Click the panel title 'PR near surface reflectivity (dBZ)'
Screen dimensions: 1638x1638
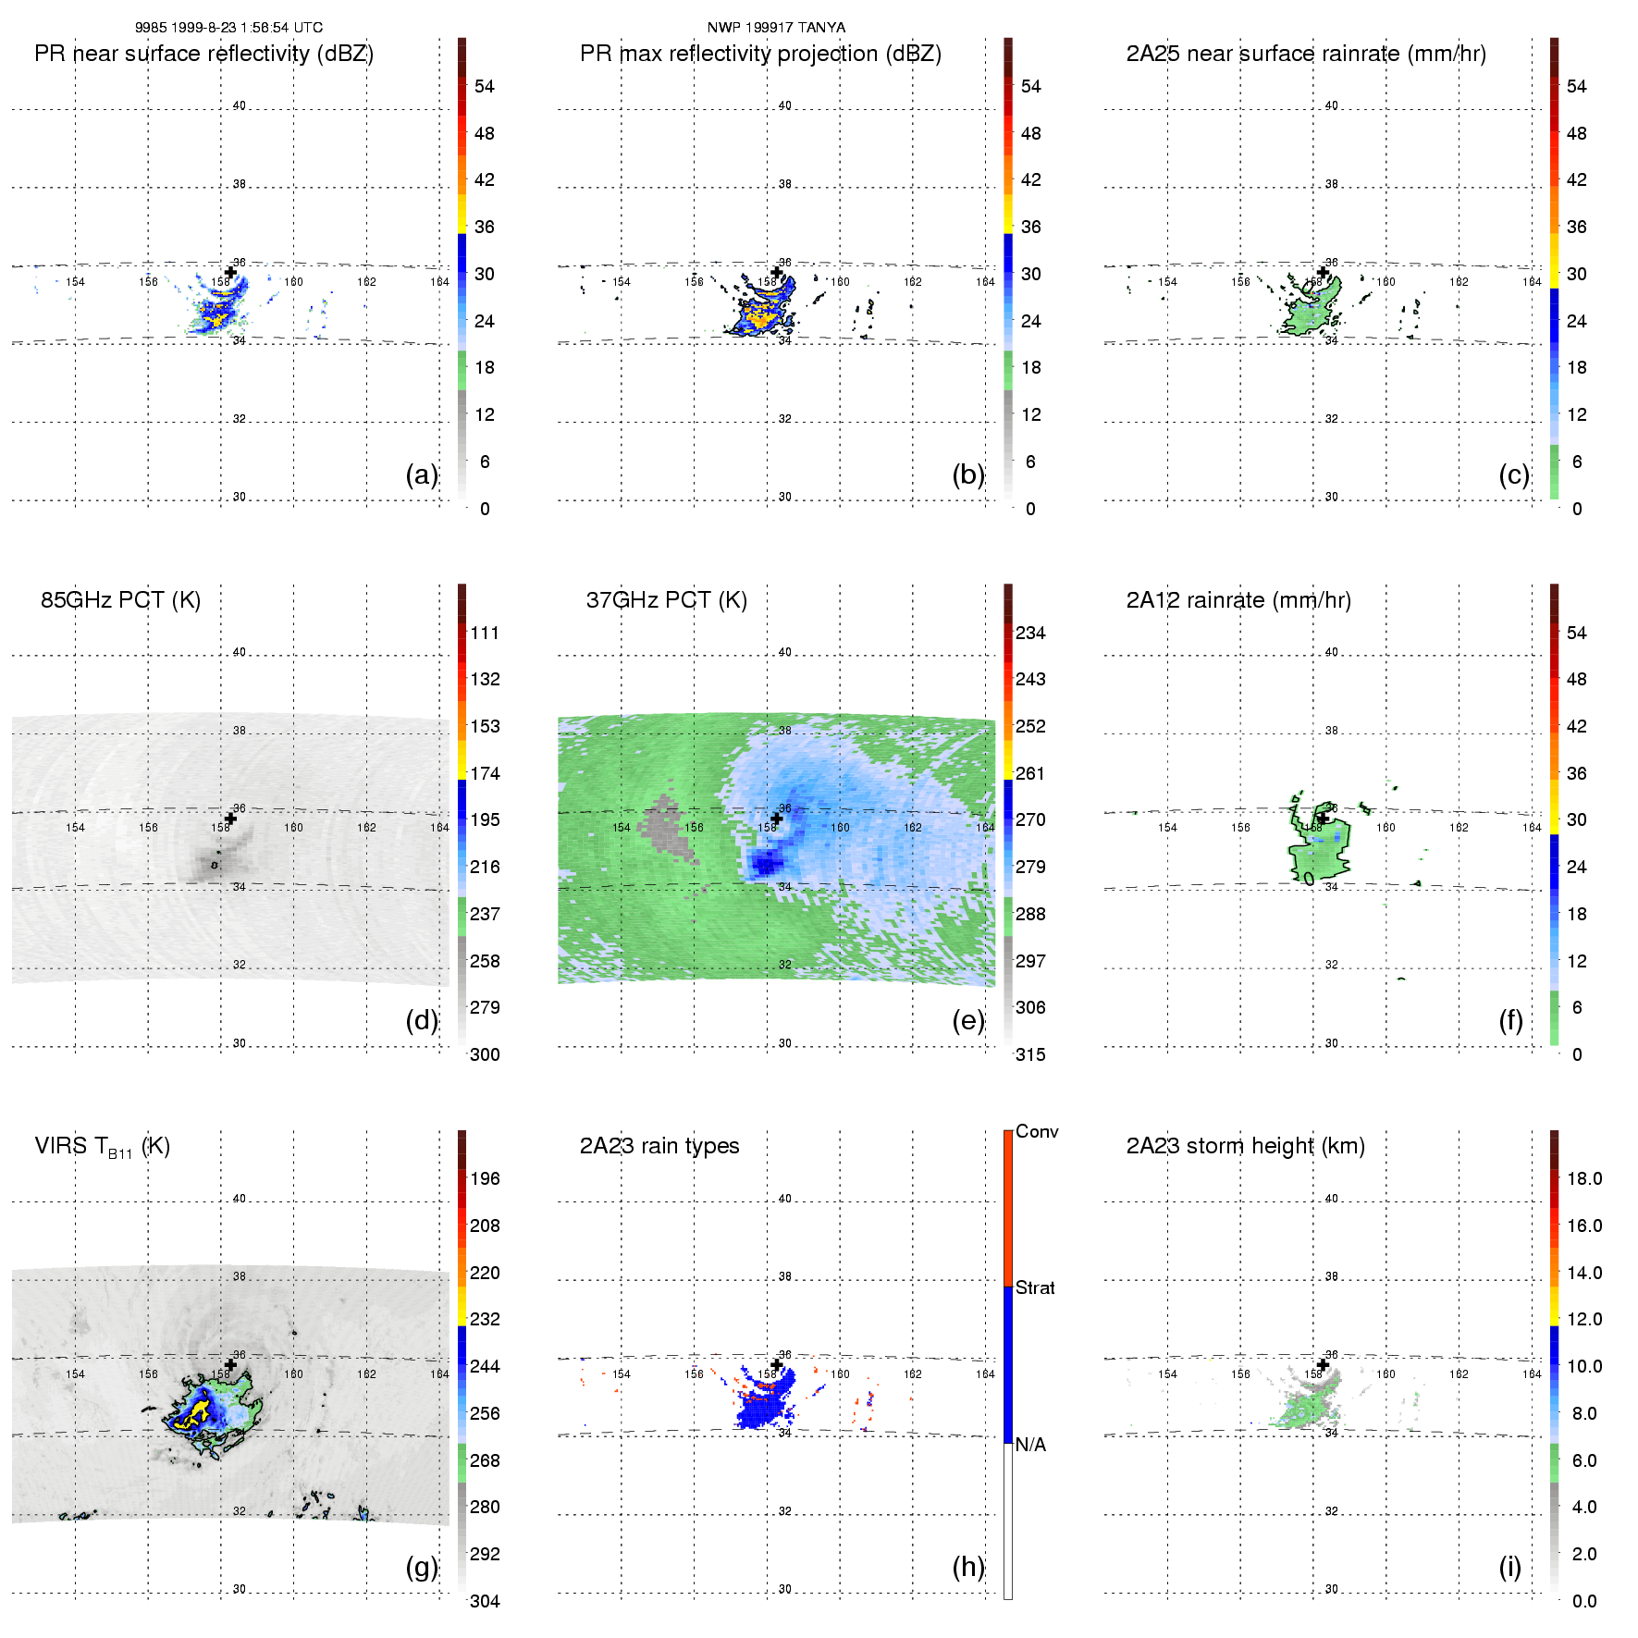tap(203, 54)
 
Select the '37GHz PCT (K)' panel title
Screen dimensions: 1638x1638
tap(666, 600)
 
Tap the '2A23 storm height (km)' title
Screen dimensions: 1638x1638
tap(1245, 1146)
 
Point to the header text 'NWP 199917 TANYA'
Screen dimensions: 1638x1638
tap(776, 28)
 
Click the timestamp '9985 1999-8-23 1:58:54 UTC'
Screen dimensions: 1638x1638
tap(228, 28)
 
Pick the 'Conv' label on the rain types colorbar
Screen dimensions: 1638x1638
tap(1037, 1132)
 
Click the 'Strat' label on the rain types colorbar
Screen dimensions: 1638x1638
tap(1035, 1287)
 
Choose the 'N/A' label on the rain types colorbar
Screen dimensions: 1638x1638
tap(1030, 1445)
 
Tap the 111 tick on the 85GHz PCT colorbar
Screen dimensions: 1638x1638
tap(485, 633)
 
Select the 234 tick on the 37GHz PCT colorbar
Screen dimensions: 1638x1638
tap(1030, 633)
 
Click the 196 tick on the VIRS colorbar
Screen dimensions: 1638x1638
tap(485, 1178)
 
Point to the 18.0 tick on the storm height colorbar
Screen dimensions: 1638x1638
tap(1584, 1178)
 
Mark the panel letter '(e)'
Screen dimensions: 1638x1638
tap(968, 1020)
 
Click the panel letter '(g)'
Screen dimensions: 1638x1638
tap(422, 1567)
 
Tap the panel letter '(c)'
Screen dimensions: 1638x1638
tap(1514, 474)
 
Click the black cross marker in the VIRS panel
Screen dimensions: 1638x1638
tap(230, 1364)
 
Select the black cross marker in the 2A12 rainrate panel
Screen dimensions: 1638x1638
tap(1323, 818)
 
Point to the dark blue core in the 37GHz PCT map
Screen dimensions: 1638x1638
tap(766, 864)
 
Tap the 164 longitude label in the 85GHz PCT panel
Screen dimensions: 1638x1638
tap(439, 828)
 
